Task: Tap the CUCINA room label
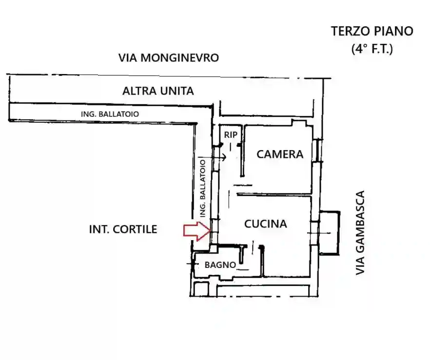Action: tap(265, 224)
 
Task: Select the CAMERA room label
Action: tap(280, 154)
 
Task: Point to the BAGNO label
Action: tap(220, 265)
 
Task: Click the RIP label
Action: tap(230, 134)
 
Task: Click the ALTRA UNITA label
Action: tap(158, 91)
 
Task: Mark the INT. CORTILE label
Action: tap(123, 229)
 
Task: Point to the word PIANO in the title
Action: tap(393, 31)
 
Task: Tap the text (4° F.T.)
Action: tap(371, 49)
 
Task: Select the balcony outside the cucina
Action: tap(330, 232)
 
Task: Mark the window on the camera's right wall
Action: tap(319, 150)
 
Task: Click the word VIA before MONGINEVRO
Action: tap(128, 57)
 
